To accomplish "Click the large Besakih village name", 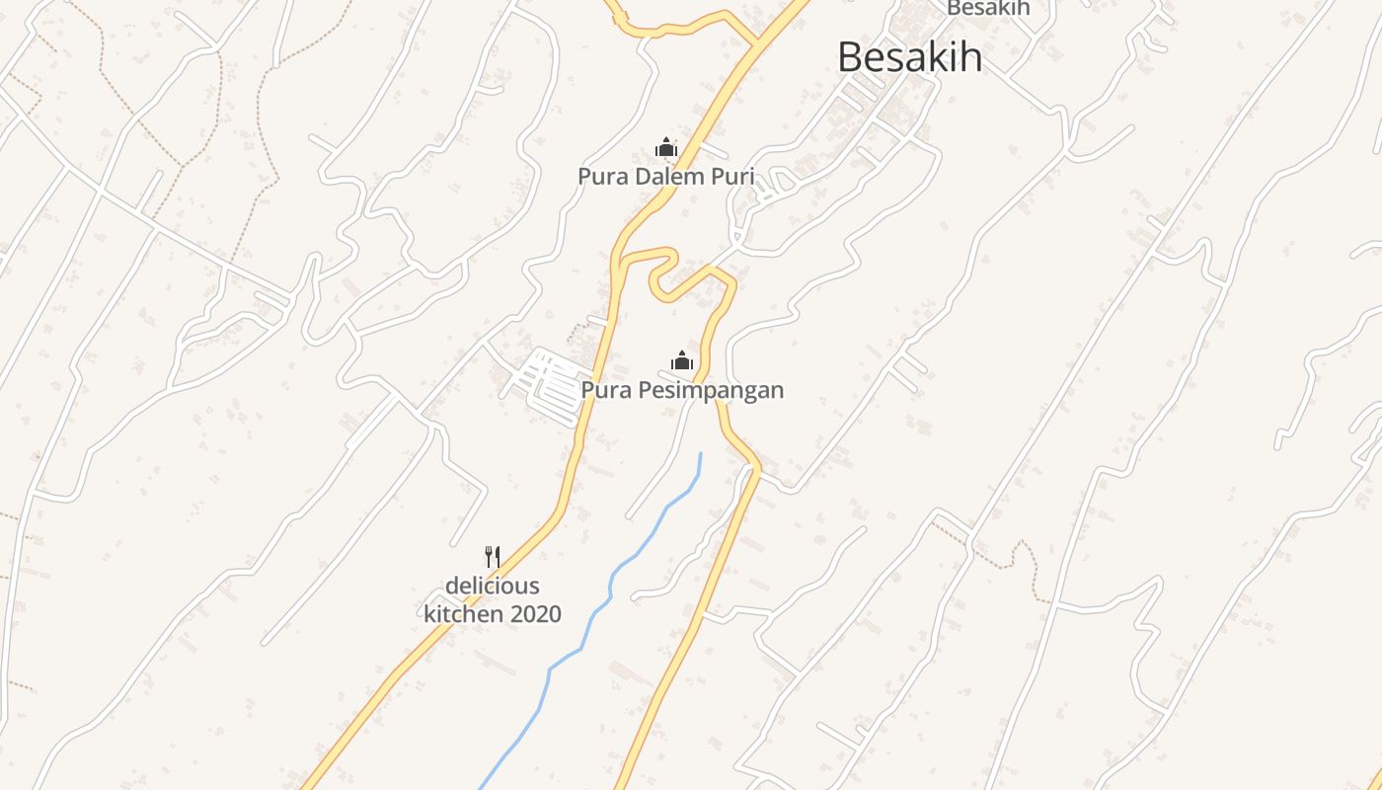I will (x=909, y=57).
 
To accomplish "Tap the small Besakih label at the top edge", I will (x=988, y=8).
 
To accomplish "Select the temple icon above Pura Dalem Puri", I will (x=666, y=148).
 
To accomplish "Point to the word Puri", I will (x=732, y=178).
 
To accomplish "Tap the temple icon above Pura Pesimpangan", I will (x=682, y=361).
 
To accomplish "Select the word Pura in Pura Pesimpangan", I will (x=604, y=391).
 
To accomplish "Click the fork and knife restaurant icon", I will (x=493, y=557).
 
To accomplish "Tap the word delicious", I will (x=493, y=586).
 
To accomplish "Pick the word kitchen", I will (x=462, y=614).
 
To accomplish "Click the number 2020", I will (x=533, y=614).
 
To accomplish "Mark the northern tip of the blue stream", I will (x=701, y=453).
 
